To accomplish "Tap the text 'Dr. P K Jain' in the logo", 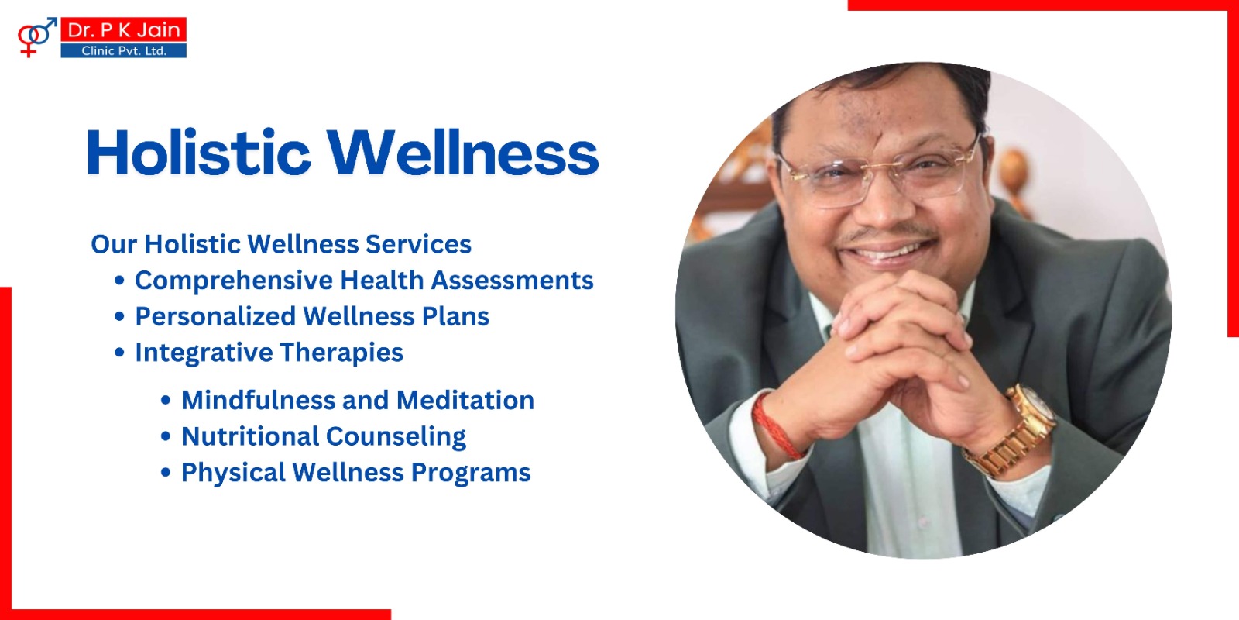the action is coord(124,29).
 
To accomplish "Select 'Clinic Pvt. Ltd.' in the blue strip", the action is coord(124,51).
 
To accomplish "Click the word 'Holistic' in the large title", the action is coord(198,152).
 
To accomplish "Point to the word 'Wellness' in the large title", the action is coord(462,152).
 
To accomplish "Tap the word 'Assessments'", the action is coord(512,280).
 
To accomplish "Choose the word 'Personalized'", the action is coord(216,317).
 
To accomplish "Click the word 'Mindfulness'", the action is coord(258,400).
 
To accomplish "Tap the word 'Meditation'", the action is coord(465,400).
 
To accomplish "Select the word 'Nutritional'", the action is coord(249,436).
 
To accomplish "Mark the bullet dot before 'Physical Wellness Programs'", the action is coord(166,472).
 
